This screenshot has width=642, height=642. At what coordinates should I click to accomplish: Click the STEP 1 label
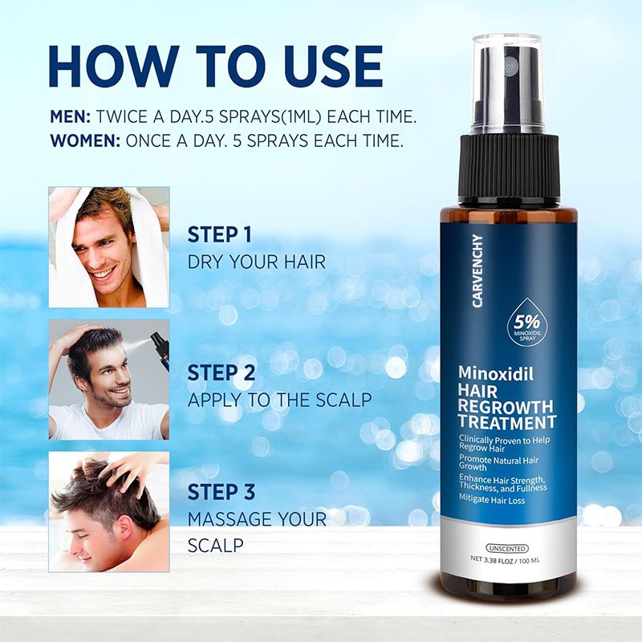(220, 235)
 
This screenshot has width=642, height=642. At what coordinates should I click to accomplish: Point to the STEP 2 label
(222, 373)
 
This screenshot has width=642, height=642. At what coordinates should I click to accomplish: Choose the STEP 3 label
(222, 492)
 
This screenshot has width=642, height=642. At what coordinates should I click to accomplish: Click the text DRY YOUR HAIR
(257, 262)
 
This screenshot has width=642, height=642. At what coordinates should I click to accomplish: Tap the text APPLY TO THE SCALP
(280, 400)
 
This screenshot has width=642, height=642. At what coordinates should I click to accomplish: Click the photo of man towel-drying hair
(109, 247)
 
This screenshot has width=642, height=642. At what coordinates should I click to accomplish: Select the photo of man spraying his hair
(109, 380)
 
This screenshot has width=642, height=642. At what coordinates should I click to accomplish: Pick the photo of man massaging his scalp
(109, 511)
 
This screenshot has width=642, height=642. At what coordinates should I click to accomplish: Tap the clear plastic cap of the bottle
(507, 84)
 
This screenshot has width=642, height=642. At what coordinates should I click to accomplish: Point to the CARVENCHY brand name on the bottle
(478, 276)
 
